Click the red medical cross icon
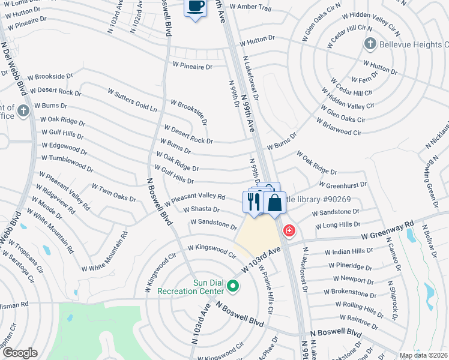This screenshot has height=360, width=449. (x=289, y=230)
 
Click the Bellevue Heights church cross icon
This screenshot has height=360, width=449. (x=370, y=44)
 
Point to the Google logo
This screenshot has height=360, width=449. (x=20, y=353)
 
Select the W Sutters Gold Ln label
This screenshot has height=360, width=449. (x=132, y=100)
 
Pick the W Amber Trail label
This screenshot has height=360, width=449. (x=255, y=8)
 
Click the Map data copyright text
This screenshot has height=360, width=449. (x=423, y=355)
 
